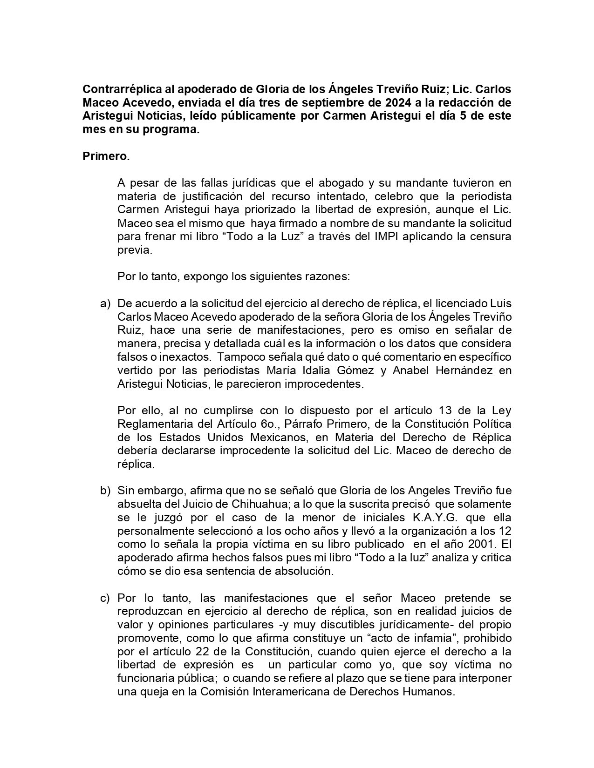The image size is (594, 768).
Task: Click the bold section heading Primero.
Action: click(x=106, y=156)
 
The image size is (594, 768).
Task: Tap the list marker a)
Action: click(x=105, y=303)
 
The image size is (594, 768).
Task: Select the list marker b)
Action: click(x=105, y=491)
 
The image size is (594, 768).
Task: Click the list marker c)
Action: click(x=105, y=598)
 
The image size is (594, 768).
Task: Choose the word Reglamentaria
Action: click(x=156, y=424)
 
